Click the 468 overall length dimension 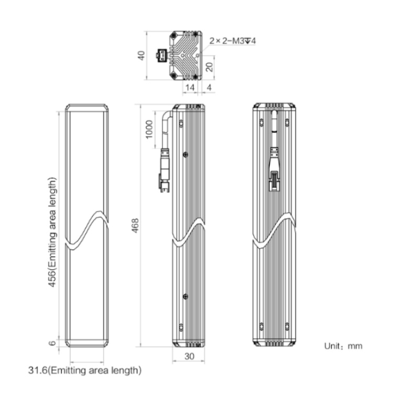pyautogui.click(x=135, y=225)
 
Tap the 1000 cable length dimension pyautogui.click(x=149, y=129)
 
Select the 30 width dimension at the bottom pyautogui.click(x=189, y=356)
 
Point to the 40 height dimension pyautogui.click(x=141, y=56)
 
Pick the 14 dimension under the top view pyautogui.click(x=190, y=88)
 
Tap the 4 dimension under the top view pyautogui.click(x=209, y=88)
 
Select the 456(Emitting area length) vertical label pyautogui.click(x=52, y=232)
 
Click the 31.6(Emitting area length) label pyautogui.click(x=85, y=370)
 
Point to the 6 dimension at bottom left pyautogui.click(x=52, y=343)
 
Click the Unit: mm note pyautogui.click(x=343, y=346)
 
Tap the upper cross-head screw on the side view pyautogui.click(x=185, y=155)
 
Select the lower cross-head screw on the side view pyautogui.click(x=185, y=297)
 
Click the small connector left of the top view pyautogui.click(x=162, y=56)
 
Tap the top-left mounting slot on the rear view pyautogui.click(x=261, y=122)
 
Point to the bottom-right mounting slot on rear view pyautogui.click(x=287, y=326)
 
